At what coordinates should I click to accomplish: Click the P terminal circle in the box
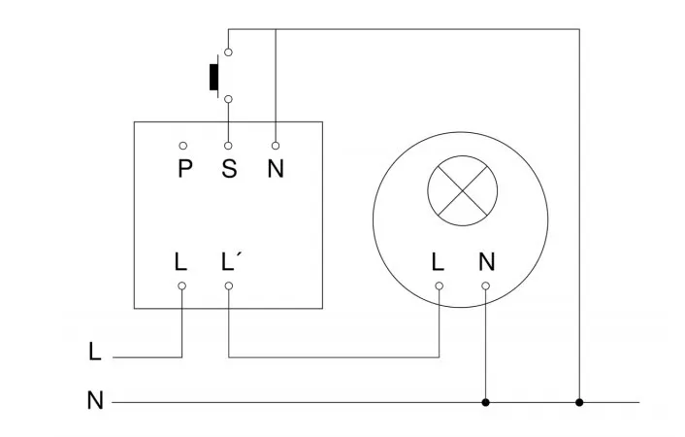(x=182, y=145)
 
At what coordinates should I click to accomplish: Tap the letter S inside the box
(x=229, y=169)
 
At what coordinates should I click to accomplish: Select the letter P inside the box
(x=184, y=169)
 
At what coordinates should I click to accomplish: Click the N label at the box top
(x=276, y=169)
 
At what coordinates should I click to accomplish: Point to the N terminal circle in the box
(x=276, y=145)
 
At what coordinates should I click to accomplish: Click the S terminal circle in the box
(x=229, y=145)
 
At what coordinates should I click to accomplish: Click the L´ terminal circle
(x=229, y=286)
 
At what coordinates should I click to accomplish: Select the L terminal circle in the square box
(x=181, y=286)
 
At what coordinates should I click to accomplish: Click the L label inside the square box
(x=181, y=261)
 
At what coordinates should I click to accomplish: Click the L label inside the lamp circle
(x=439, y=261)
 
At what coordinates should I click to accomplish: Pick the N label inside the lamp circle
(x=486, y=261)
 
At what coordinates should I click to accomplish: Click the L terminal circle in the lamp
(x=439, y=286)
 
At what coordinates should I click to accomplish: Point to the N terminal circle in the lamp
(x=485, y=286)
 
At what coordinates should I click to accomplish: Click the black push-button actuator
(x=212, y=77)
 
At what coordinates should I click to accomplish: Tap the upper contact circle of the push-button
(x=228, y=51)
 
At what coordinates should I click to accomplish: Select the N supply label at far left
(x=94, y=400)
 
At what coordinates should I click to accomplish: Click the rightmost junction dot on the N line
(x=579, y=401)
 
